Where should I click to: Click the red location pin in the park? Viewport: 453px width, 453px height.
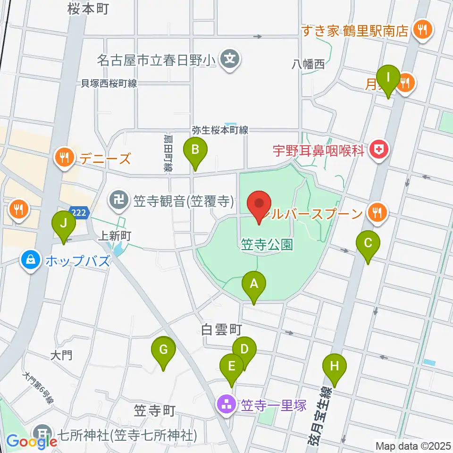259,204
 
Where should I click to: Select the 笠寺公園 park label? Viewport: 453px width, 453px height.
267,244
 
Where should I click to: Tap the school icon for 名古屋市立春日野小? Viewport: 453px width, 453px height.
230,59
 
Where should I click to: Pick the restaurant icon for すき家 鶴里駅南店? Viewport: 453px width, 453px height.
419,31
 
